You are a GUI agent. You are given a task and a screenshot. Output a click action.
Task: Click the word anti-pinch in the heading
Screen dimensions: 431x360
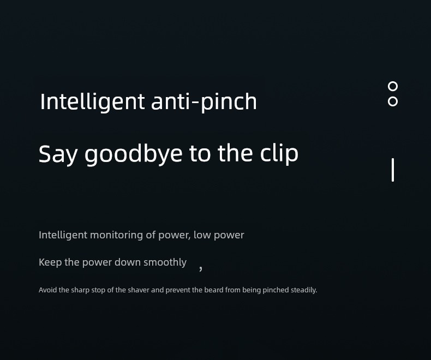pyautogui.click(x=204, y=102)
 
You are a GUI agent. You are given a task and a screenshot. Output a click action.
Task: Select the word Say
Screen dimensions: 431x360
pyautogui.click(x=58, y=154)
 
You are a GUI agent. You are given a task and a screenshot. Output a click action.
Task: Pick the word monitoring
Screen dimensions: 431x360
pyautogui.click(x=116, y=235)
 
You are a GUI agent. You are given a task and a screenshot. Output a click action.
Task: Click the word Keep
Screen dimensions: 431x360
pyautogui.click(x=50, y=262)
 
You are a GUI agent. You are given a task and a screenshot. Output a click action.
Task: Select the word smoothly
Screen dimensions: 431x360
pyautogui.click(x=165, y=262)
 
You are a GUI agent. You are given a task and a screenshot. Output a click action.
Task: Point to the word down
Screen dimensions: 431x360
pyautogui.click(x=128, y=262)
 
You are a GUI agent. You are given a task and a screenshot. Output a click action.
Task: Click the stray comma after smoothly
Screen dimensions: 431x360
pyautogui.click(x=201, y=268)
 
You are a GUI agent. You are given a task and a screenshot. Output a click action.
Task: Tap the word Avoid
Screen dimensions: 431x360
pyautogui.click(x=48, y=290)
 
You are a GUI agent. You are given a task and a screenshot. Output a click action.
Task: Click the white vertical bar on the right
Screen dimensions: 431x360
pyautogui.click(x=393, y=170)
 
